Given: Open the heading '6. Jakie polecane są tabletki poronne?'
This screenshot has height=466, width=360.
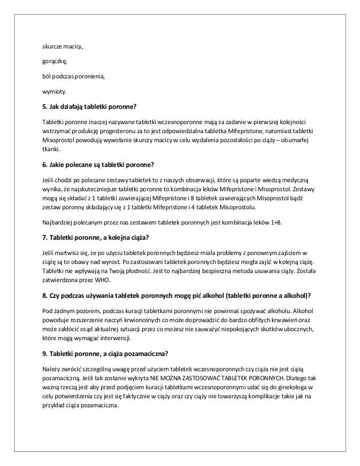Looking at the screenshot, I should click(x=99, y=166).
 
